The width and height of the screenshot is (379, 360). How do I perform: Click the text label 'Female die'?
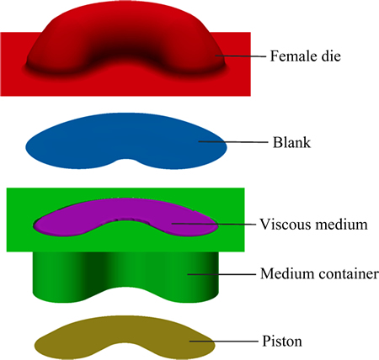point(306,56)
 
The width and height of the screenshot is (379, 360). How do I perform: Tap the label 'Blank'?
point(291,142)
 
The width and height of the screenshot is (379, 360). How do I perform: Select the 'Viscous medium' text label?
point(313,225)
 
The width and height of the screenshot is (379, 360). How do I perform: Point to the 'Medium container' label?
point(319,273)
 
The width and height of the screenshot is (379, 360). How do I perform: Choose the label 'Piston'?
point(282,341)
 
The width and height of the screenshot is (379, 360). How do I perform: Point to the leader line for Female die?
point(241,56)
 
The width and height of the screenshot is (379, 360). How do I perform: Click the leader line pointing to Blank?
point(233,142)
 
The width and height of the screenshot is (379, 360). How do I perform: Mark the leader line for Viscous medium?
point(214,224)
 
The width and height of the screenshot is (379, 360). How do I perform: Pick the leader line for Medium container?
point(222,274)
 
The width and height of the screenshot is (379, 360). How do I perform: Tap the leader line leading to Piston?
point(224,341)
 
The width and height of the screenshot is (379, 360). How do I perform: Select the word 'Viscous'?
point(286,225)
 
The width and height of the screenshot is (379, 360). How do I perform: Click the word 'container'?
point(348,273)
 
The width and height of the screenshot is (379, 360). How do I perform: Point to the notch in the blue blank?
point(127,160)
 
